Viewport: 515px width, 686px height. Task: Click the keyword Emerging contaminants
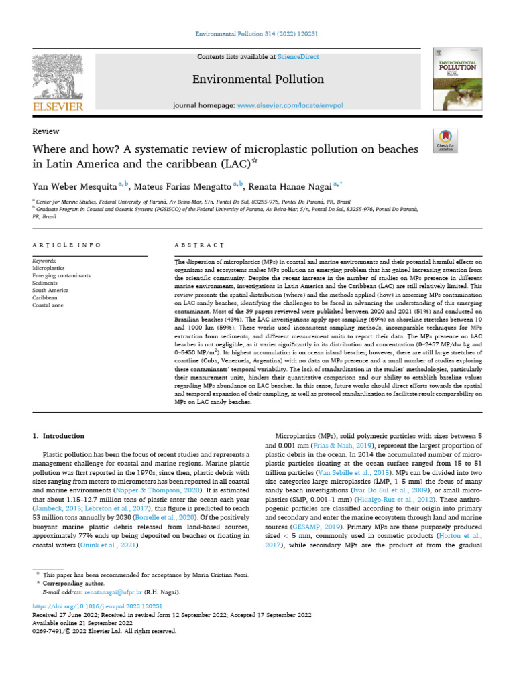click(x=61, y=275)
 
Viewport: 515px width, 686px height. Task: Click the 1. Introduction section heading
click(x=58, y=435)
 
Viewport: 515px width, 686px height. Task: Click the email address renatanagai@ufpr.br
click(x=119, y=592)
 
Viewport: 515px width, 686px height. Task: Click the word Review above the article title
click(x=46, y=131)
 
